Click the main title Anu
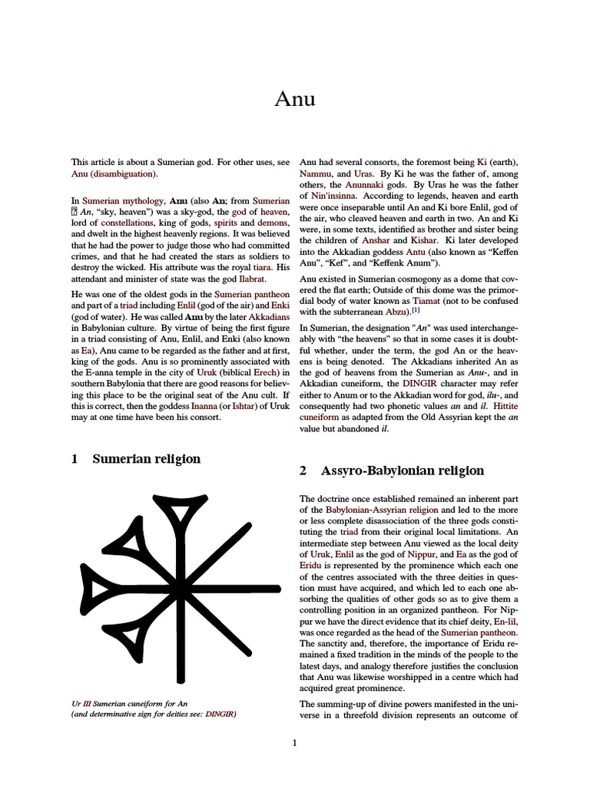coord(295,100)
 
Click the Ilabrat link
coord(250,279)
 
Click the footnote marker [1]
coord(416,311)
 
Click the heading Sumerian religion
coord(146,459)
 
